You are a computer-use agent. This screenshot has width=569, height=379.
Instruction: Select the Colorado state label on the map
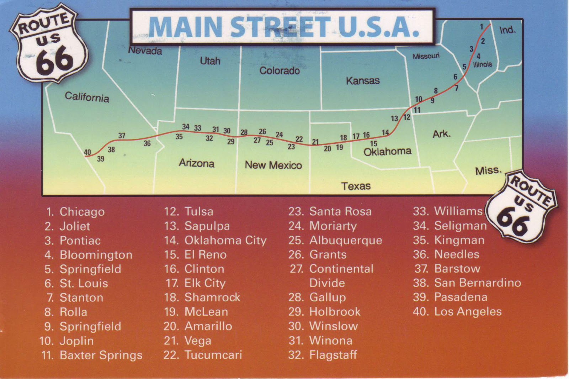coord(280,71)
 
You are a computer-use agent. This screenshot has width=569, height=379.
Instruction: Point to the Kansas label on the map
coord(363,81)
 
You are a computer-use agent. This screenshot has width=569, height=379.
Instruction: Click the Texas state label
coord(356,186)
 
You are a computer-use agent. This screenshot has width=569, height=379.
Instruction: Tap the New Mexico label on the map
coord(273,165)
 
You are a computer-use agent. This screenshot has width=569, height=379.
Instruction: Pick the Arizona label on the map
coord(196,163)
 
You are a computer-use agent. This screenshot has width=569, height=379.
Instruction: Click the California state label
coord(87,97)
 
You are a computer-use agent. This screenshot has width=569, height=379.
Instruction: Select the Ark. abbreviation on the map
coord(441,134)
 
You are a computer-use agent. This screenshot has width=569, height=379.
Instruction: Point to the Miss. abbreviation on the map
coord(488,171)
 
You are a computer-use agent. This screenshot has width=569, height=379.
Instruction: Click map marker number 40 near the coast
coord(87,152)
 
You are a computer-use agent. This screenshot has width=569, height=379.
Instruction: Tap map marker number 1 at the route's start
coord(482,27)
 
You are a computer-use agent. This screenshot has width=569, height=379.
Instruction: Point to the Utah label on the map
coord(210,61)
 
